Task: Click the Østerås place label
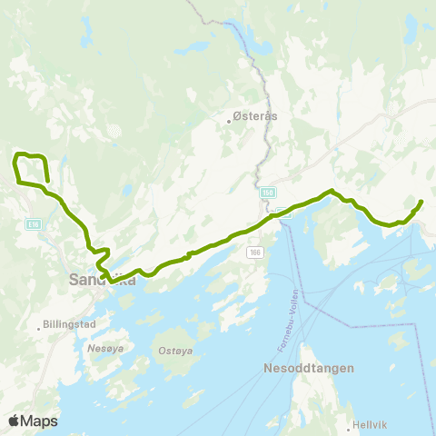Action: click(257, 116)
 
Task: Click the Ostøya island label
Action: click(173, 351)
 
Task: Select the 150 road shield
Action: click(267, 193)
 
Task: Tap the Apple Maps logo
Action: click(33, 421)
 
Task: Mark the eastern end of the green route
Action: click(421, 201)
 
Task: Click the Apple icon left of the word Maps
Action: click(15, 421)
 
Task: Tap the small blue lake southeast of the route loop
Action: click(46, 190)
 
